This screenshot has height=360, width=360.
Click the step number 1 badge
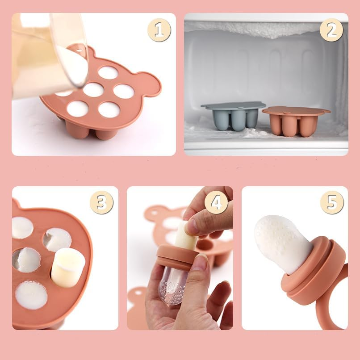tap(159, 30)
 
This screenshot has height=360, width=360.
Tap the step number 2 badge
tap(331, 30)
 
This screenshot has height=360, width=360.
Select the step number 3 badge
tap(101, 202)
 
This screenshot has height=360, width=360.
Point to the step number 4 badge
tap(216, 202)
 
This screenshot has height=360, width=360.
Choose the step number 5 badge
tap(332, 202)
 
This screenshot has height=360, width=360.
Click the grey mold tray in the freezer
tap(233, 116)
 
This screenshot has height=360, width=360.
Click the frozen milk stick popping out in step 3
tap(68, 268)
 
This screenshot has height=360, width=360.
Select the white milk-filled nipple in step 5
tap(282, 243)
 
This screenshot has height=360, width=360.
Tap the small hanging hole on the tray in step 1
tap(79, 49)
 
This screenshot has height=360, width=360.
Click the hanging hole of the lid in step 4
tap(138, 293)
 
